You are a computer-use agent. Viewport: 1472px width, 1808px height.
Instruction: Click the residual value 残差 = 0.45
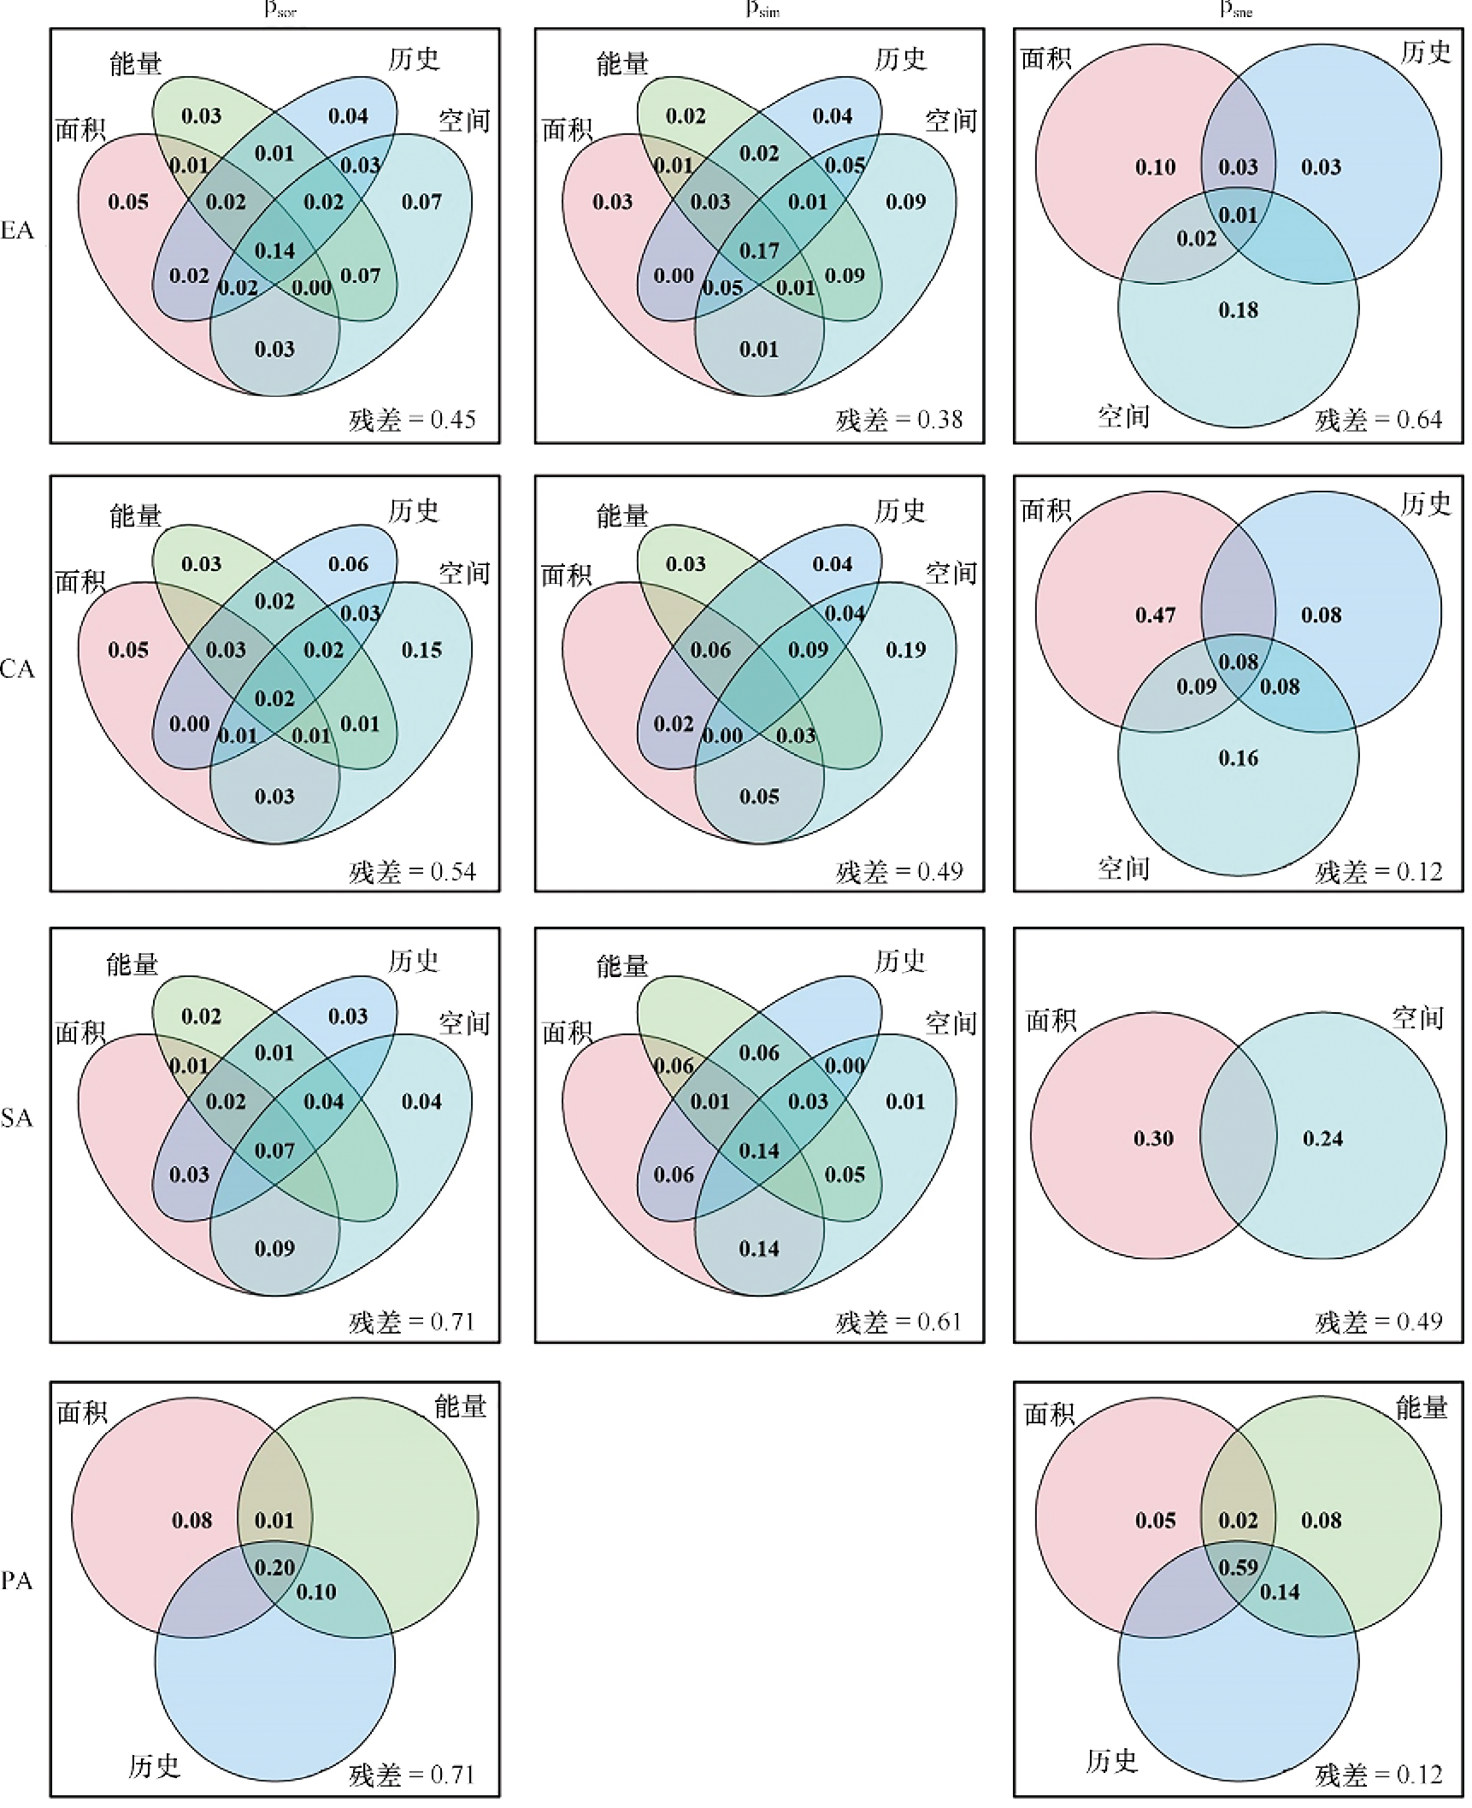(x=412, y=420)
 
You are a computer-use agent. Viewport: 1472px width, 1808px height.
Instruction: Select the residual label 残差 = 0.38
(x=898, y=420)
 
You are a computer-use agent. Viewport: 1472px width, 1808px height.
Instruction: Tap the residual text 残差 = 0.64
(x=1378, y=420)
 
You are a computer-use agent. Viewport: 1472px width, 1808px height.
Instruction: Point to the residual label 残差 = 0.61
(x=898, y=1322)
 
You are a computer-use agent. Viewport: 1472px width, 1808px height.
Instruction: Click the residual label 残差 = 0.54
(x=412, y=872)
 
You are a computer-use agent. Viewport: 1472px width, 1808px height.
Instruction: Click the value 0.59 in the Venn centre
(x=1239, y=1568)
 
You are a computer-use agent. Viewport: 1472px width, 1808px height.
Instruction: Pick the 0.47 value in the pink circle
(x=1155, y=615)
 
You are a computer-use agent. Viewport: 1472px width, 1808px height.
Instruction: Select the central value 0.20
(x=274, y=1568)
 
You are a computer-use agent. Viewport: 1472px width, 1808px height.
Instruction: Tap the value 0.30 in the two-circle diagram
(x=1153, y=1139)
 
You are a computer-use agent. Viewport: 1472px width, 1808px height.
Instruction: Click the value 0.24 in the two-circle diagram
(x=1322, y=1139)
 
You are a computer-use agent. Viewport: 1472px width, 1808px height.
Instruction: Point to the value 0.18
(x=1239, y=310)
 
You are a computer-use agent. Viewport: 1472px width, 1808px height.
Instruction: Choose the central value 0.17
(x=759, y=251)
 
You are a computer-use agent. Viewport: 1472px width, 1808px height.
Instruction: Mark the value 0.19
(x=905, y=651)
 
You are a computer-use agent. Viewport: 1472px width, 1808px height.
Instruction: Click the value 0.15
(x=421, y=651)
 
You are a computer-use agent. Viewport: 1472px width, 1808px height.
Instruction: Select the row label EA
(x=17, y=231)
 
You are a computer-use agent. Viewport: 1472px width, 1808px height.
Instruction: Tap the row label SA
(x=17, y=1118)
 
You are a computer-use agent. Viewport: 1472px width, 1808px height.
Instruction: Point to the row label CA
(x=17, y=669)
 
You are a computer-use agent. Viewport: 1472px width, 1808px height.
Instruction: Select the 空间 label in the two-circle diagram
(x=1418, y=1018)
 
